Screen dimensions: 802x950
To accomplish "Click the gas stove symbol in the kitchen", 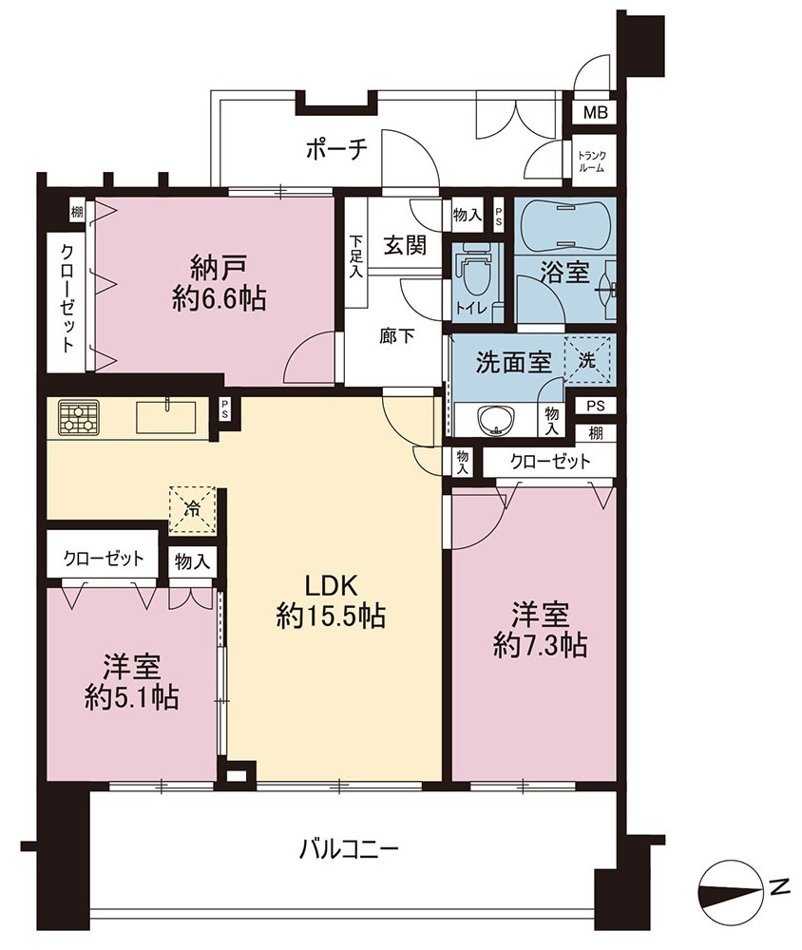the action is pos(78,417).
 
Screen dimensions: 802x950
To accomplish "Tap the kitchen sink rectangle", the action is pos(166,417).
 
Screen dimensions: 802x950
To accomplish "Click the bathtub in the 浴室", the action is pos(564,224).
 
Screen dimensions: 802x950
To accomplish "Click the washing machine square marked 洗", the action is pos(587,360).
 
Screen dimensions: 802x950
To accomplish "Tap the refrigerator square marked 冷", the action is pos(192,509).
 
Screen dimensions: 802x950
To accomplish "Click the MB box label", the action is pos(595,112).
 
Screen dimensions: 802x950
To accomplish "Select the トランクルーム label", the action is pos(591,161).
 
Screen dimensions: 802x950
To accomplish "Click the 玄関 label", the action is pos(405,245).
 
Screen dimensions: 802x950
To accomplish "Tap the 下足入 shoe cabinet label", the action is pos(355,256).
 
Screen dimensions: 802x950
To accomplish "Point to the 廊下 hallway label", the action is pos(396,335).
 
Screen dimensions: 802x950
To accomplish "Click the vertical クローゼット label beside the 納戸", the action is pos(67,298).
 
